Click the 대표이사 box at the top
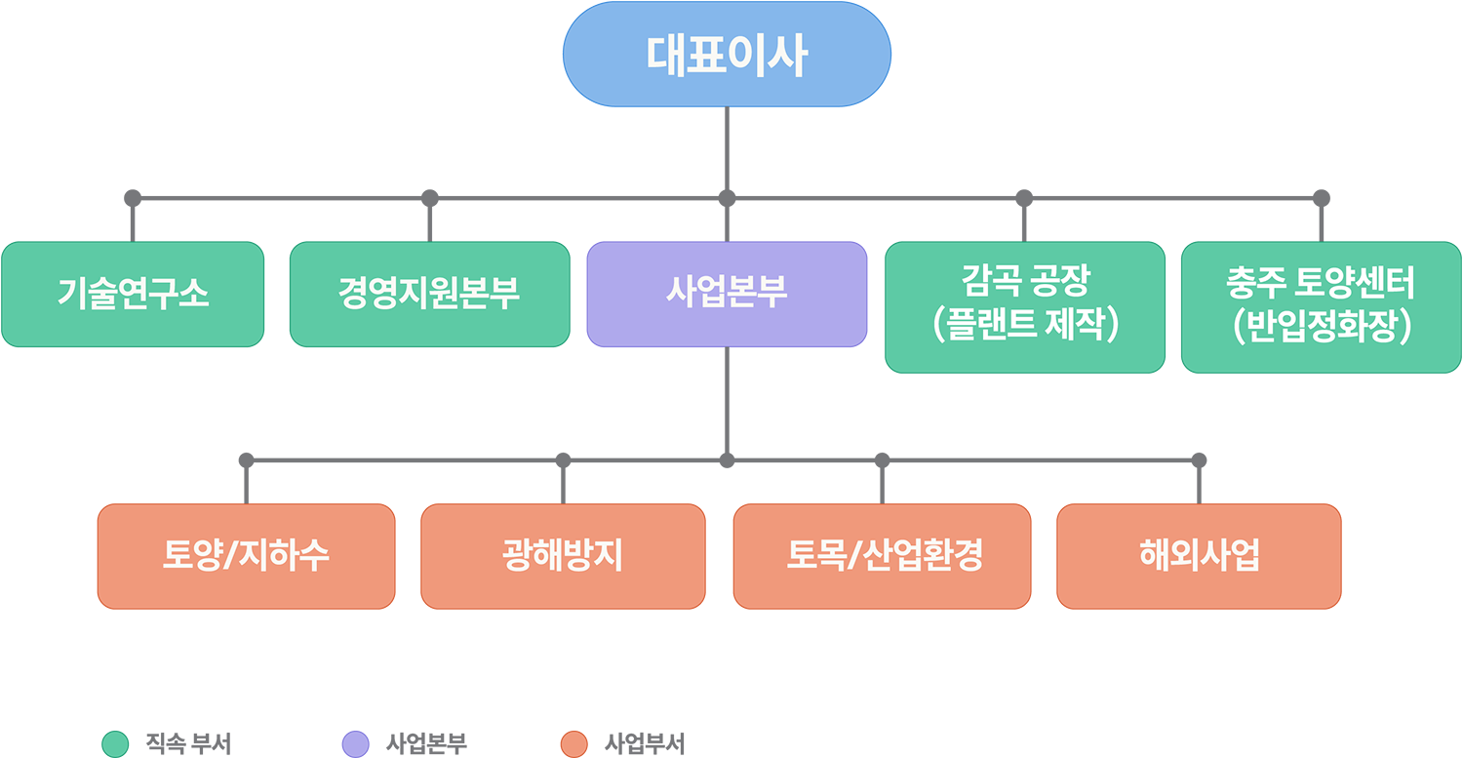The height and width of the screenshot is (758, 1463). (x=727, y=55)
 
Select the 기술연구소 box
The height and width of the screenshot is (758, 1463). (x=133, y=294)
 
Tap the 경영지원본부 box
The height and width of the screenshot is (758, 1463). (x=430, y=294)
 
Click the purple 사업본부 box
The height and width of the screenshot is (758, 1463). (x=727, y=294)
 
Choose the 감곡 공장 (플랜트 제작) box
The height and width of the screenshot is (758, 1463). (x=1025, y=307)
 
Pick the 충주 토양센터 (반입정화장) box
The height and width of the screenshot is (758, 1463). (x=1322, y=307)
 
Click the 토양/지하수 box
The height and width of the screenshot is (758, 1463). (x=246, y=556)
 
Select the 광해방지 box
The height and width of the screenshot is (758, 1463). (x=563, y=556)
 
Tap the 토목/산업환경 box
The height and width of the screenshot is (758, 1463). (x=883, y=556)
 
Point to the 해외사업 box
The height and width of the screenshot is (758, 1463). (x=1199, y=556)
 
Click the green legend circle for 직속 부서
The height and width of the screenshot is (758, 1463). (x=115, y=744)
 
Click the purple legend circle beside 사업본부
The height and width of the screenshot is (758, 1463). (x=356, y=744)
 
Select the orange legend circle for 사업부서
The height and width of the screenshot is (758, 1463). (x=574, y=744)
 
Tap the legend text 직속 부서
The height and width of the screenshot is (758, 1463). (x=188, y=744)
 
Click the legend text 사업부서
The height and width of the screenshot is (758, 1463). (x=645, y=744)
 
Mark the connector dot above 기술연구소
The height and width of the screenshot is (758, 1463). (x=133, y=198)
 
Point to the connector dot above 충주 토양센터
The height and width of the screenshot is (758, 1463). (x=1322, y=198)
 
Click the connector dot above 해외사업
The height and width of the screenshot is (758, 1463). (x=1199, y=460)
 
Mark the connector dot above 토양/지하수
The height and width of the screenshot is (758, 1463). (x=246, y=460)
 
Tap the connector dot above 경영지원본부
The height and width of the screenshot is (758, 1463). (x=430, y=198)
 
